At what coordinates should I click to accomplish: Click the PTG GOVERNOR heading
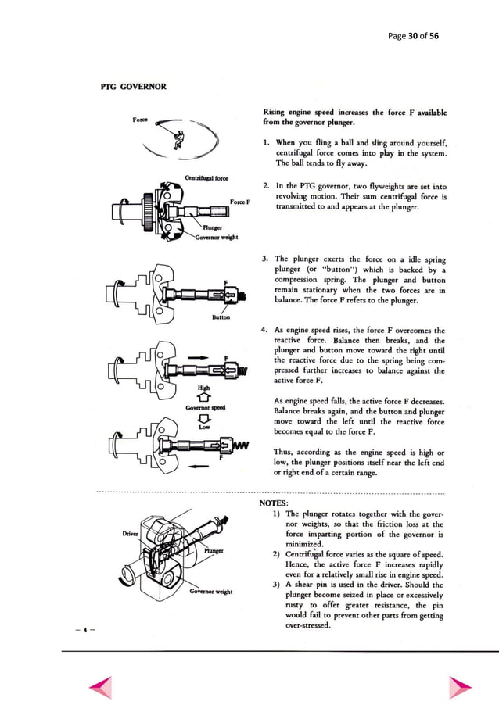click(133, 86)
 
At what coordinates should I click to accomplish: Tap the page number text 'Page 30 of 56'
click(413, 36)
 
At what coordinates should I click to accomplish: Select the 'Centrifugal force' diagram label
click(206, 177)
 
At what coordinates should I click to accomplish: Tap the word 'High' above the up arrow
click(204, 387)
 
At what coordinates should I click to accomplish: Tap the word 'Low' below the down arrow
click(204, 428)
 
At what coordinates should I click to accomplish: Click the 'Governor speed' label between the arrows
click(205, 407)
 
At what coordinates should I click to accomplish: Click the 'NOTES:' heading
click(274, 503)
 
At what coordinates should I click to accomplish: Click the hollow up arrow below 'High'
click(204, 397)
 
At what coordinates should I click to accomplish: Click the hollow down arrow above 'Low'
click(204, 418)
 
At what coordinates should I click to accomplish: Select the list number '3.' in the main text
click(267, 259)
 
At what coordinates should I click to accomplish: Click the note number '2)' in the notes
click(278, 553)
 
